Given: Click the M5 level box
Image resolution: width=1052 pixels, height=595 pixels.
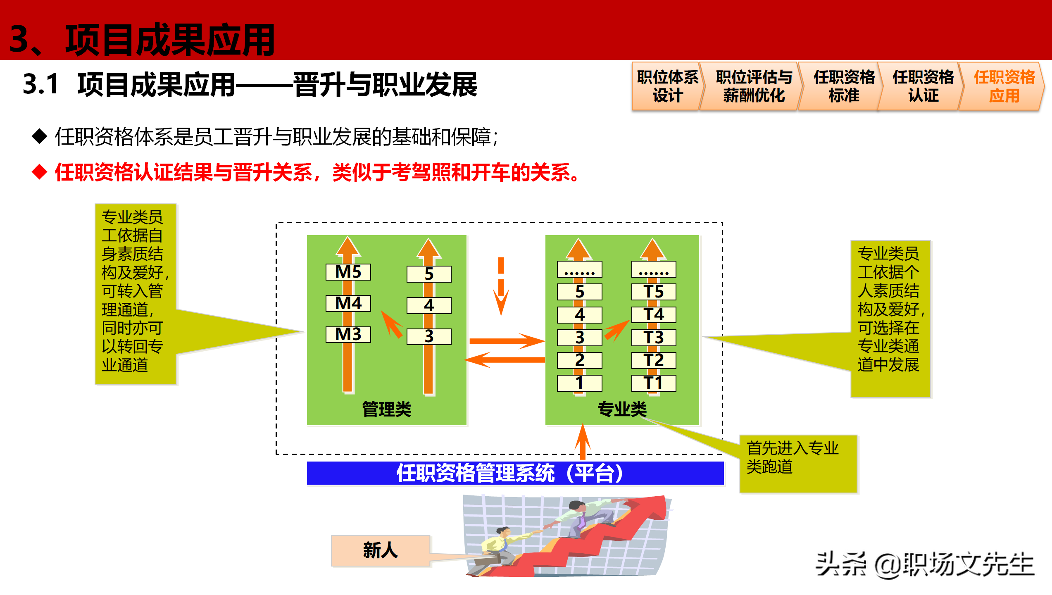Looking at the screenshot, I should tap(348, 272).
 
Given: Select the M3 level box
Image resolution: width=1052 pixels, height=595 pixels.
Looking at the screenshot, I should tap(348, 334).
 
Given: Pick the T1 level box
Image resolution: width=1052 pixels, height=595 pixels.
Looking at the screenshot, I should tap(653, 383).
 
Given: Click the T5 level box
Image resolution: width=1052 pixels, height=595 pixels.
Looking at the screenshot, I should tap(653, 292).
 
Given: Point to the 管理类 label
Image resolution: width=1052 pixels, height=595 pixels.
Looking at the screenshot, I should tap(386, 409).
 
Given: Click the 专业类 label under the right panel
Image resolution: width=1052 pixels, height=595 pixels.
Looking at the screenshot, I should tap(622, 409).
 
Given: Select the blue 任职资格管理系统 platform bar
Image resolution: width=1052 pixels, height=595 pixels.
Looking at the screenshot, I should tap(515, 473).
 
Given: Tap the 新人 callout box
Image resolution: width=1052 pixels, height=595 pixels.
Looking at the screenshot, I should tap(381, 551).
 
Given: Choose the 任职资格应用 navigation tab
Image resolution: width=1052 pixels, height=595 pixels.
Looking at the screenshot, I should tap(1004, 86).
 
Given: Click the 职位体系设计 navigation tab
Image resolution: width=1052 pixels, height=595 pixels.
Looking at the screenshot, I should tap(667, 86).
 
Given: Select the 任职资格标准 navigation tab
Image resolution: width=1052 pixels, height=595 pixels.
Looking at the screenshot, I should tap(844, 86).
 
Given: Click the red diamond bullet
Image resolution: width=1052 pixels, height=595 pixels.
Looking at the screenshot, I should tap(40, 172).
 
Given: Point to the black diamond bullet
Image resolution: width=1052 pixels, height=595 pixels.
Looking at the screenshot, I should tap(40, 136).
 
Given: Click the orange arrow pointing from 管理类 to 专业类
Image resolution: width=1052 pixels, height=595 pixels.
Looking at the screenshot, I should tap(506, 341).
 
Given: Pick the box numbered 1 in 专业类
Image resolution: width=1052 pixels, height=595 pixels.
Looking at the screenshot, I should tap(579, 383).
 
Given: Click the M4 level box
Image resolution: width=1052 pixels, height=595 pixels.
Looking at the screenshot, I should tap(348, 303).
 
